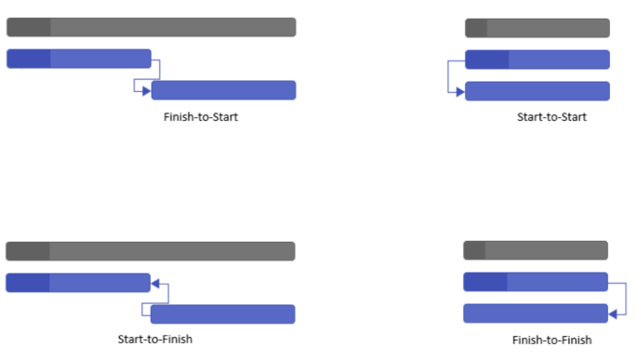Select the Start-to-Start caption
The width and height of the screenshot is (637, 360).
point(551,117)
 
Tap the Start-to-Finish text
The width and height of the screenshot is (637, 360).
point(154,339)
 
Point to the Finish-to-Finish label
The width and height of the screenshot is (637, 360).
point(551,340)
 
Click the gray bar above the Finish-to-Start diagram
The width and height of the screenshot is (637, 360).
point(151,27)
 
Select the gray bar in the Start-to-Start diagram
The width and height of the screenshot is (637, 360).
point(537,28)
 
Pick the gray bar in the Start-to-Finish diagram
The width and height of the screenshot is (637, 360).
point(151,251)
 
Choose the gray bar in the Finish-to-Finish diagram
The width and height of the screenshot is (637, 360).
point(536,250)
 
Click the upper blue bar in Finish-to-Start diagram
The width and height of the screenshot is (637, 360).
point(79,60)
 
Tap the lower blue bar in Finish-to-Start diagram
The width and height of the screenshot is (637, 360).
point(224,90)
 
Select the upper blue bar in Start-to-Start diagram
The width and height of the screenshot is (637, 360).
point(537,60)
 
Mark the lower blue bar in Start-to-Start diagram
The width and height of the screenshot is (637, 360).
point(537,91)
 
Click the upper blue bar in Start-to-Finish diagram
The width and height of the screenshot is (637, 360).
point(78,283)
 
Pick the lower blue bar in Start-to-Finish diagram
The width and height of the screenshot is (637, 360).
point(223,314)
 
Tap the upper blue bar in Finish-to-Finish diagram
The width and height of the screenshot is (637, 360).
point(536,282)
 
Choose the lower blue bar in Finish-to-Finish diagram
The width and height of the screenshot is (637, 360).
point(536,313)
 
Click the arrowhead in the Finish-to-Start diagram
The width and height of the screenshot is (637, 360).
point(146,90)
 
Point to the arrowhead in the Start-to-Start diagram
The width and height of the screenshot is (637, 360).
point(459,91)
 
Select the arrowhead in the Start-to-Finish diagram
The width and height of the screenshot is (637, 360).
point(155,283)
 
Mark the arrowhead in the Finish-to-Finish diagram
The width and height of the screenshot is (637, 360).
point(613,313)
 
